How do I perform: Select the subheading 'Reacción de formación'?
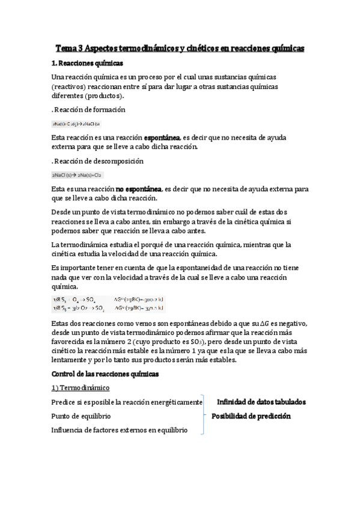90,109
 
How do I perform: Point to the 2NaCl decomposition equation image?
78,175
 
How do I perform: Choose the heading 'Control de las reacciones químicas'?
105,373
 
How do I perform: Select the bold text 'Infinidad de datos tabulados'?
261,402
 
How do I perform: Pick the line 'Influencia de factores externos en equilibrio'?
120,430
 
